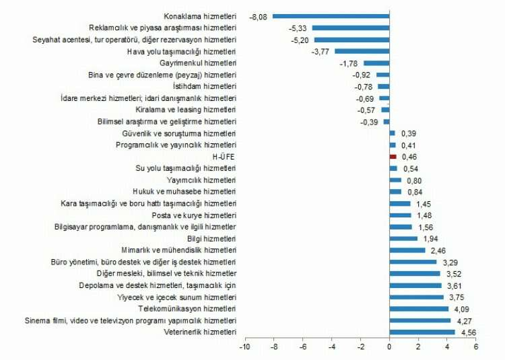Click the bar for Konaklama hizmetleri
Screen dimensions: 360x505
[331, 15]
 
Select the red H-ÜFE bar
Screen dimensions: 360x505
[393, 156]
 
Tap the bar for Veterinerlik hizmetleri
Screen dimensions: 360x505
[422, 332]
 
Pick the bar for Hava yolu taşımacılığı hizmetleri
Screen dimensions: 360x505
[362, 50]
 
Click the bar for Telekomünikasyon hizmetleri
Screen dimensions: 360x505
[419, 309]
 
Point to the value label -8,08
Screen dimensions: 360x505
[260, 15]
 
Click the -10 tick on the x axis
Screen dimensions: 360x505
[244, 347]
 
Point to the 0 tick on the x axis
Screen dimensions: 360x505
[389, 347]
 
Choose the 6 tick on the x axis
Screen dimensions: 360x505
[476, 347]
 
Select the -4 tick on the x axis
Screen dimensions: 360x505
[331, 347]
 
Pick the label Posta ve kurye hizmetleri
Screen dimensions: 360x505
[194, 215]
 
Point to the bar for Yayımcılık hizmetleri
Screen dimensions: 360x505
[395, 180]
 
